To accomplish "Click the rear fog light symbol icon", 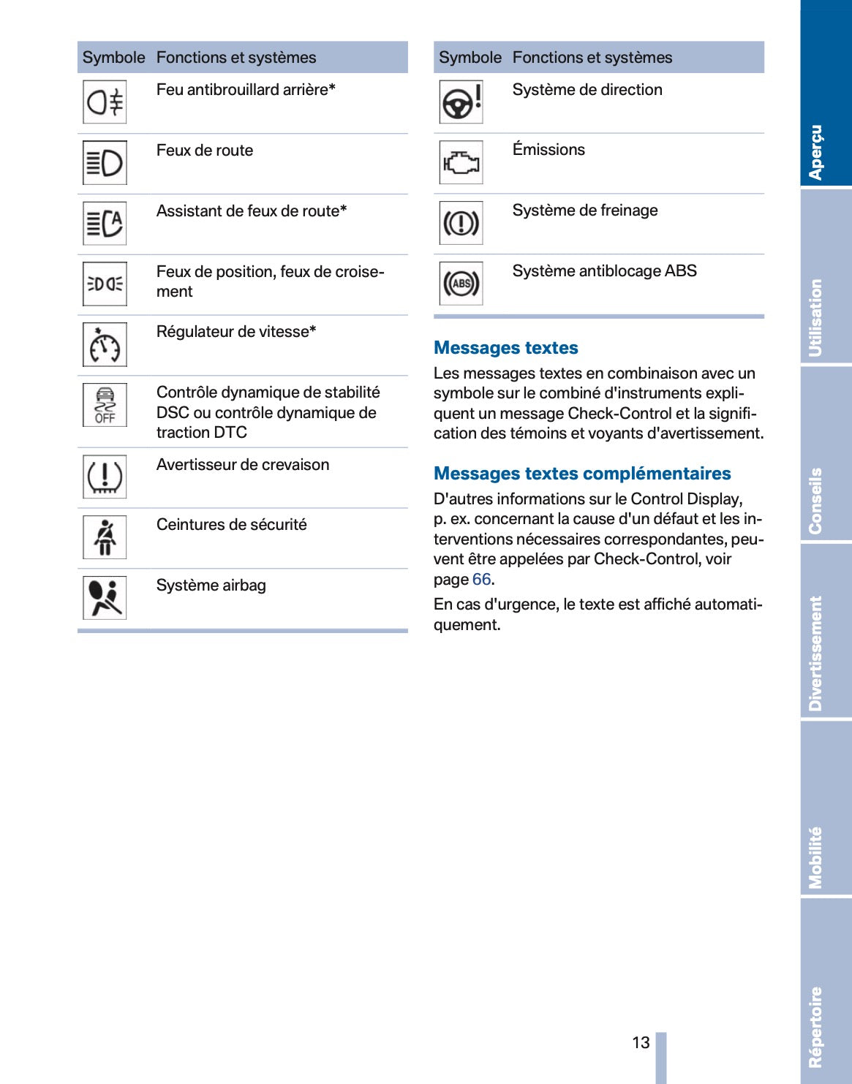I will point(105,102).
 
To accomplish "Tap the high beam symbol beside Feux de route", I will point(105,163).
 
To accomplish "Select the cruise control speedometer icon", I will point(105,345).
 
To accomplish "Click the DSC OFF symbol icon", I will point(105,405).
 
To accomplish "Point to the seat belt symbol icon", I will point(105,537).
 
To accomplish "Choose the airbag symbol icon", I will point(105,598).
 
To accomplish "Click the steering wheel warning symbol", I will point(461,102).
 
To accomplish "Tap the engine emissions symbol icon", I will point(461,162).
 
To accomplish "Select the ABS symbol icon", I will point(461,284).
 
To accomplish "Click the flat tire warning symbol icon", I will point(105,477).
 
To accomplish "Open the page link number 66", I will point(481,580).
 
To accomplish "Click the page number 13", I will point(641,1042).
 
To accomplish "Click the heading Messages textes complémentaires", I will point(582,474).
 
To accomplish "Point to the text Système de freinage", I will point(585,211).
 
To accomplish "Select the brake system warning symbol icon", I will point(461,223).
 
